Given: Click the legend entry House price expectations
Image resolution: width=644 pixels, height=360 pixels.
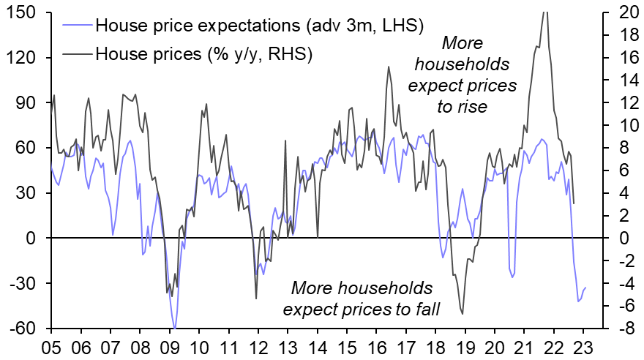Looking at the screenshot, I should [260, 26].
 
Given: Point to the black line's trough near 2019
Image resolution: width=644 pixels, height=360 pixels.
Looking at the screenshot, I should [463, 314].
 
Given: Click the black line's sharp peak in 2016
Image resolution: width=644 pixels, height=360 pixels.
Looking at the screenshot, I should [387, 67].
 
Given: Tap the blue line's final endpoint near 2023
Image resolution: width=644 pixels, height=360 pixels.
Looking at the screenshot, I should [585, 288].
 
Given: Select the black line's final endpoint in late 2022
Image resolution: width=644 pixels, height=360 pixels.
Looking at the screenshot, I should [573, 203].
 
